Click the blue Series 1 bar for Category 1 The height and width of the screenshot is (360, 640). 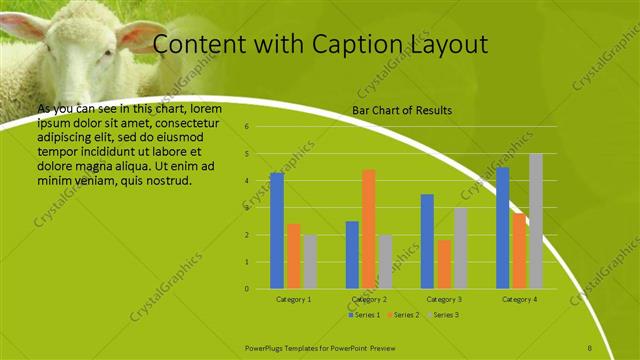click(277, 231)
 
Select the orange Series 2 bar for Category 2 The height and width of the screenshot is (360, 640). click(369, 229)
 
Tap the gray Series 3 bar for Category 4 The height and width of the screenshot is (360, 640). click(536, 221)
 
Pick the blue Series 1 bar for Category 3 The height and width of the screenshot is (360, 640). click(427, 241)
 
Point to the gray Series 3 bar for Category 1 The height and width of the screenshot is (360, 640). click(311, 262)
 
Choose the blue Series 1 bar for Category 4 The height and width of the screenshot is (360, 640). click(503, 228)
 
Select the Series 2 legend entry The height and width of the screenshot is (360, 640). click(402, 315)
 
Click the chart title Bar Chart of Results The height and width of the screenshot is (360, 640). click(402, 110)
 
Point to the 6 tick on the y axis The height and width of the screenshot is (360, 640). click(246, 128)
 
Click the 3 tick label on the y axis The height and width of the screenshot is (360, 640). click(246, 208)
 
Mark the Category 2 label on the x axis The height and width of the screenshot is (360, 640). click(369, 299)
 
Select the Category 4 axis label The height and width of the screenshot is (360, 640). click(519, 299)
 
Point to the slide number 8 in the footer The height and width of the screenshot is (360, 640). click(590, 347)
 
